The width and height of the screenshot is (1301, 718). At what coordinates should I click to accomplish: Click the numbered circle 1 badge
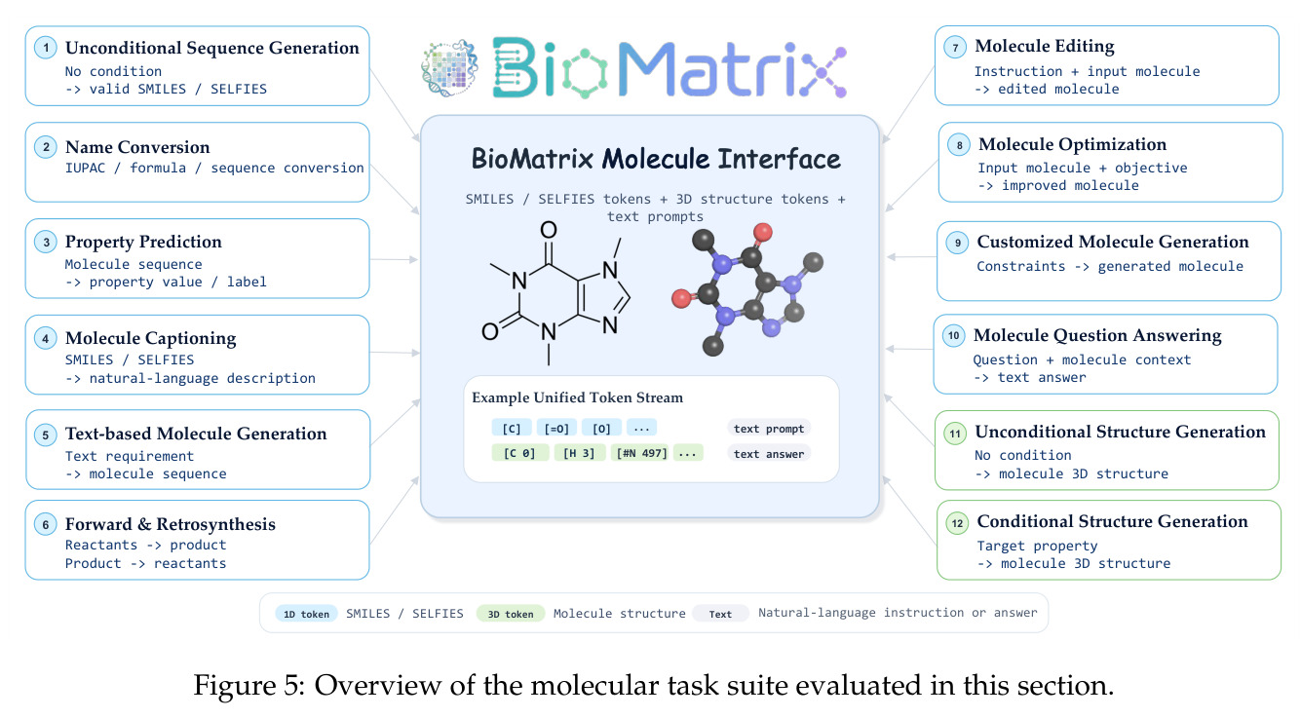pos(46,48)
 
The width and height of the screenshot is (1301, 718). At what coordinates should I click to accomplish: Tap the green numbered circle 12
pos(957,523)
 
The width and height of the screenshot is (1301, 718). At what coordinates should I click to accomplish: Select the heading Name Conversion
pos(137,147)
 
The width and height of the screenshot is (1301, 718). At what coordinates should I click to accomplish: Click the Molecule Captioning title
pos(150,338)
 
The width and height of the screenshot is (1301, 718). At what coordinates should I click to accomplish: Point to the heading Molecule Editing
pos(1045,46)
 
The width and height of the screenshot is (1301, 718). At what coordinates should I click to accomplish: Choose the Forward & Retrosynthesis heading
pos(171,524)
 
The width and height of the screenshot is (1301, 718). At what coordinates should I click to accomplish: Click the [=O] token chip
pos(556,429)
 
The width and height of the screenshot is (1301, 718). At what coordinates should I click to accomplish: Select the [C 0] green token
pos(519,453)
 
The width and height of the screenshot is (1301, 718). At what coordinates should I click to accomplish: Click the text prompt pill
pos(768,429)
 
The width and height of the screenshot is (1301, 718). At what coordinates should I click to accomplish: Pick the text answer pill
pos(768,453)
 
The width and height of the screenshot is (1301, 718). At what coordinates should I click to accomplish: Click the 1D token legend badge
pos(306,614)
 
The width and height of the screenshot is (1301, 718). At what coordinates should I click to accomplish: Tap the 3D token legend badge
pos(510,614)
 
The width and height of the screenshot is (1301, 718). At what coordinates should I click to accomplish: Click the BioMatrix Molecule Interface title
pos(656,159)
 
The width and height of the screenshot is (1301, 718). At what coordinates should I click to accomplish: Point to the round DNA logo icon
pos(449,68)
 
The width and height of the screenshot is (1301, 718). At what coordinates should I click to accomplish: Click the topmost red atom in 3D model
pos(763,232)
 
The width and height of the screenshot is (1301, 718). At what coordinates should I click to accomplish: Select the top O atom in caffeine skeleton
pos(549,231)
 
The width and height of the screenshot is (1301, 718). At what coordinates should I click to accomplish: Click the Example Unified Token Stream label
pos(577,397)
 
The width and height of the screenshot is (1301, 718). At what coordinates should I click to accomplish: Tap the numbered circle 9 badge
pos(957,243)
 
